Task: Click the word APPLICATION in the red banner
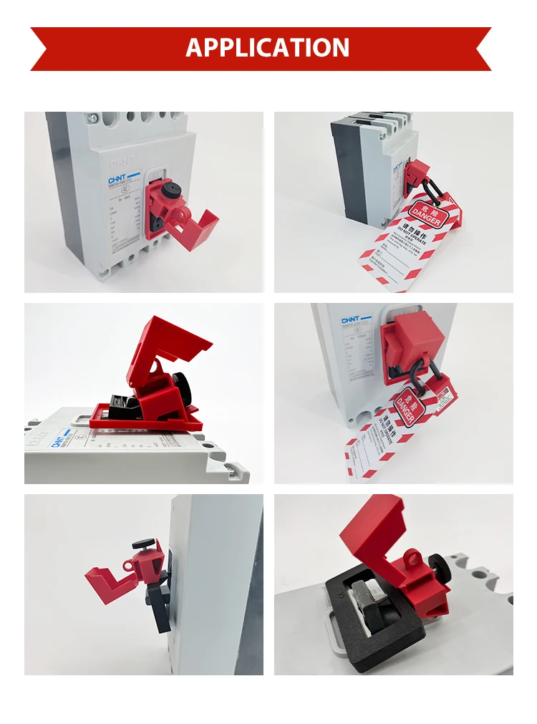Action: (x=268, y=47)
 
